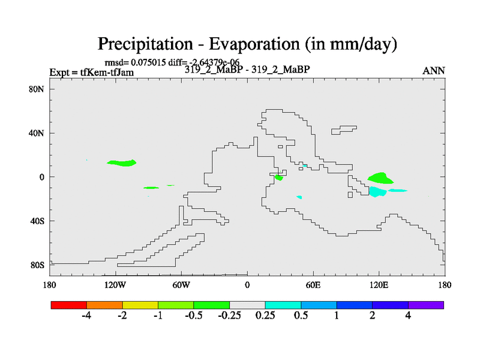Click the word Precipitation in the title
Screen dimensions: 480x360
pyautogui.click(x=145, y=44)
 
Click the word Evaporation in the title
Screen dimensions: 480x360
pyautogui.click(x=254, y=44)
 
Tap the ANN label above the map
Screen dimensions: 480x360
pyautogui.click(x=433, y=71)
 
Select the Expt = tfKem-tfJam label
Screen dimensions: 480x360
pyautogui.click(x=92, y=72)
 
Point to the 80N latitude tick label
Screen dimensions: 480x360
pyautogui.click(x=37, y=89)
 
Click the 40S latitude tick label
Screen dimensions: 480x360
pyautogui.click(x=37, y=221)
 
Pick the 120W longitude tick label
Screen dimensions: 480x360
pyautogui.click(x=115, y=286)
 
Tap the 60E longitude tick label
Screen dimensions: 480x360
pyautogui.click(x=313, y=286)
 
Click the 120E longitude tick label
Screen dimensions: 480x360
pyautogui.click(x=379, y=286)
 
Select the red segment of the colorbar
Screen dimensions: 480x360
pyautogui.click(x=69, y=305)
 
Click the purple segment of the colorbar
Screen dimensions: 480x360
pyautogui.click(x=426, y=305)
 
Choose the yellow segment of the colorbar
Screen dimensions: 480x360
pyautogui.click(x=140, y=305)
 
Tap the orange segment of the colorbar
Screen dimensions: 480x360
pyautogui.click(x=104, y=305)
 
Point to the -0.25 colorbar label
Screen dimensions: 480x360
pyautogui.click(x=229, y=316)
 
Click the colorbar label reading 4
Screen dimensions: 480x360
pyautogui.click(x=408, y=316)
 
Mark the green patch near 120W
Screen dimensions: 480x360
pyautogui.click(x=122, y=163)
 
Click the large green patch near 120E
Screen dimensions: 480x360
pyautogui.click(x=380, y=178)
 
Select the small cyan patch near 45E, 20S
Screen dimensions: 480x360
pyautogui.click(x=299, y=197)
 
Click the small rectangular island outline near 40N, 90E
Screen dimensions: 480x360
pyautogui.click(x=343, y=130)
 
